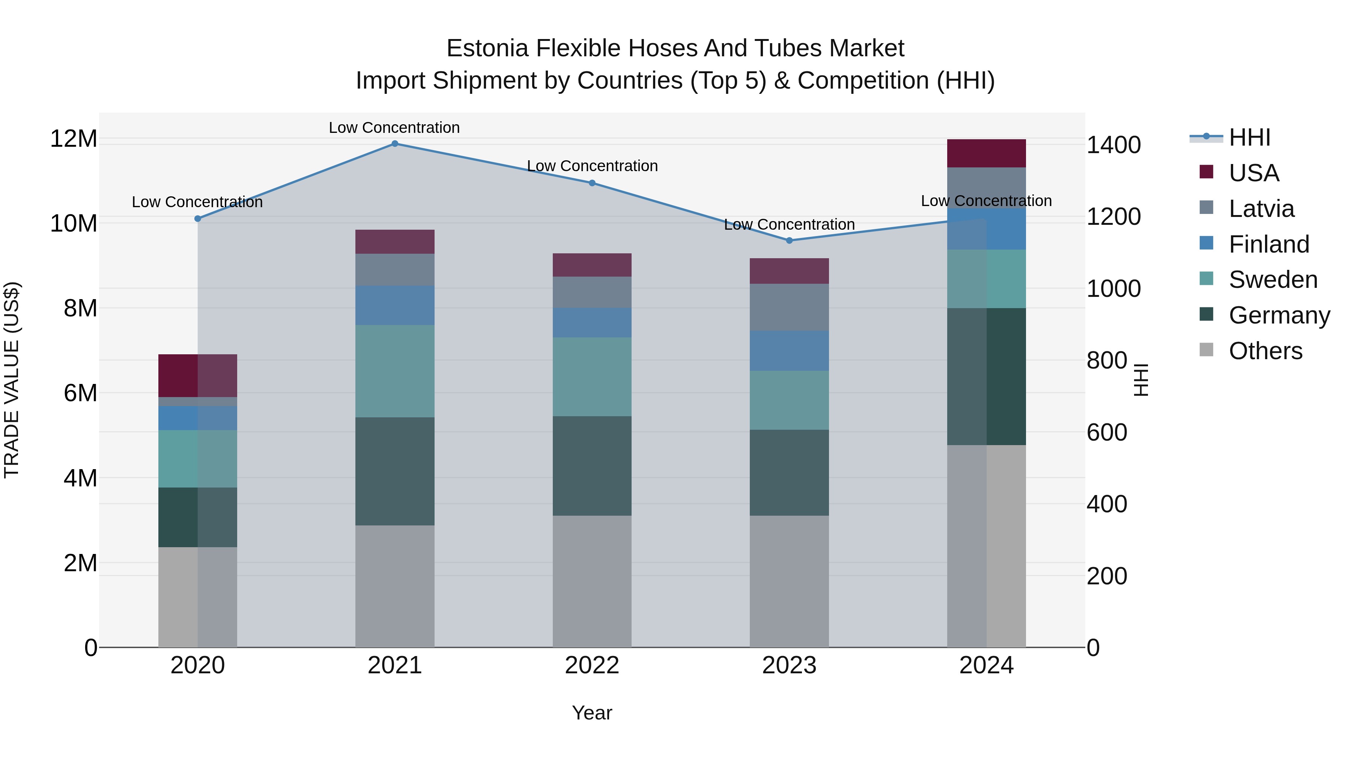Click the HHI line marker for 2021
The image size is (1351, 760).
(395, 144)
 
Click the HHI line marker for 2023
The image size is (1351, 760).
(789, 241)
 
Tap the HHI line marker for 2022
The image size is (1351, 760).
(592, 183)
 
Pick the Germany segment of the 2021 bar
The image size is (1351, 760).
(395, 471)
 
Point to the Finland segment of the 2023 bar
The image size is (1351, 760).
(789, 351)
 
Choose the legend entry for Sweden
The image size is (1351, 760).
(1273, 280)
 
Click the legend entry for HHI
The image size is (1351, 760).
(1249, 137)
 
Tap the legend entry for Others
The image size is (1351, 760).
(1265, 351)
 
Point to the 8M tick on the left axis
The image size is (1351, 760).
(80, 309)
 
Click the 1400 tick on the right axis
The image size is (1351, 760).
(1113, 145)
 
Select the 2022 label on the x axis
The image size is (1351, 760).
(592, 665)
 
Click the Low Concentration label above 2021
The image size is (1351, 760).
(394, 128)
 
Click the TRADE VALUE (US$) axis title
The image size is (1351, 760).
(12, 380)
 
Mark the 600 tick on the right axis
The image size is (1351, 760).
(1107, 433)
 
